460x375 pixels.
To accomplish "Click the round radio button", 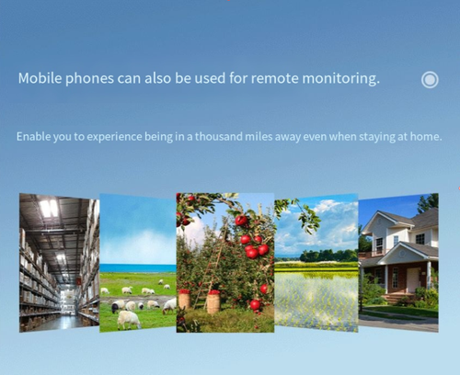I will coord(430,80).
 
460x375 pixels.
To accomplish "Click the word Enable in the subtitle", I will coord(33,137).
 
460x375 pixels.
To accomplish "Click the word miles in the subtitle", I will coord(287,137).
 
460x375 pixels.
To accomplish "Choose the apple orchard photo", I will coord(224,263).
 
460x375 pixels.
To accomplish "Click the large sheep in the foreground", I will coord(128,319).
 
